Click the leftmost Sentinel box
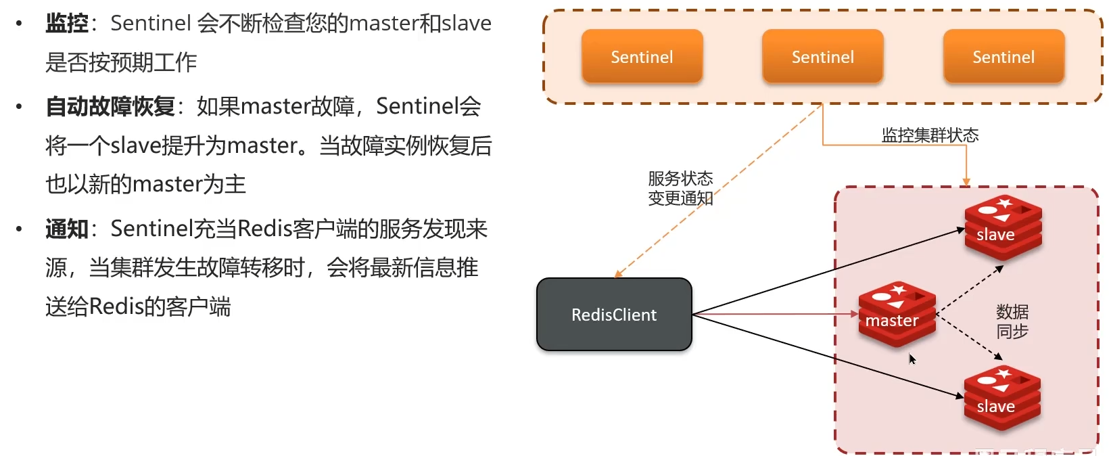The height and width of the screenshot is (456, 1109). [x=642, y=57]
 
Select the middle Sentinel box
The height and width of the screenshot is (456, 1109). [x=822, y=57]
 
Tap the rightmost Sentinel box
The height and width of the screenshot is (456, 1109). [x=1004, y=57]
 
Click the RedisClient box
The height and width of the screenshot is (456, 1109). [x=614, y=315]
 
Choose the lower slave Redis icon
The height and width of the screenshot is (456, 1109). [x=1002, y=398]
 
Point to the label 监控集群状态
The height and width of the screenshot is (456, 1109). [x=930, y=135]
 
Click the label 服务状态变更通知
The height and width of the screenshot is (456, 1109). [x=680, y=188]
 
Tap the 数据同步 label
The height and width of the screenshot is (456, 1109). [x=1012, y=321]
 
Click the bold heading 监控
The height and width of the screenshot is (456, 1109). [x=67, y=24]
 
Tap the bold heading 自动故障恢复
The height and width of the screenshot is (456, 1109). [x=110, y=106]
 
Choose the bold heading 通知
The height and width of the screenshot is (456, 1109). [x=67, y=229]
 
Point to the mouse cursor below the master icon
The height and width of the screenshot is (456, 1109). [x=912, y=359]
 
